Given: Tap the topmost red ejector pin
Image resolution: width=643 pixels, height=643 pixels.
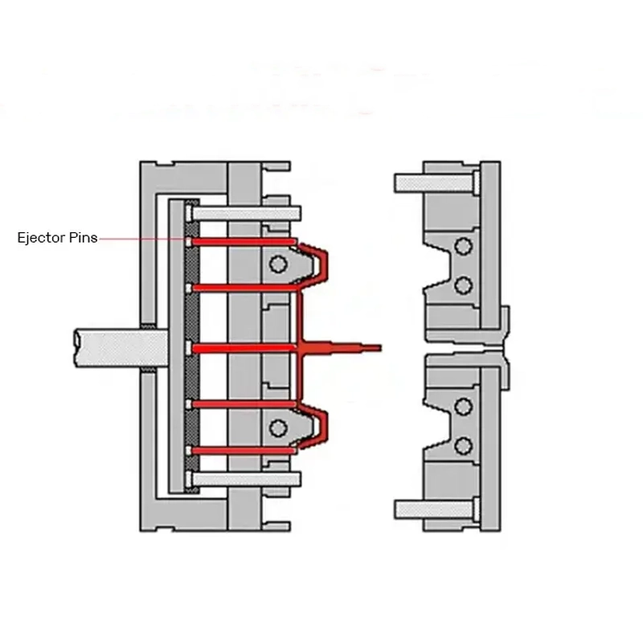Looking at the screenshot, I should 241,242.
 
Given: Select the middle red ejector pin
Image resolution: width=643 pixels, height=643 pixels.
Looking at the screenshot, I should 241,347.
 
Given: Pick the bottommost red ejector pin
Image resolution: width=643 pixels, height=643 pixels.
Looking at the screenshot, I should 241,450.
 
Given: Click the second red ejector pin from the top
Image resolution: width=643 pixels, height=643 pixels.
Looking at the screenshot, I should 241,287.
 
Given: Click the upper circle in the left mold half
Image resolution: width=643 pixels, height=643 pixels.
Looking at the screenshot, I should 279,264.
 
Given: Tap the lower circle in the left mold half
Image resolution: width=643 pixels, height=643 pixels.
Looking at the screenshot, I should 279,426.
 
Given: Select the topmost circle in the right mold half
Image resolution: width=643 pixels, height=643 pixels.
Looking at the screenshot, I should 462,245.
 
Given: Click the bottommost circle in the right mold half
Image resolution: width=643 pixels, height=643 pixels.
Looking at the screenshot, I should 462,445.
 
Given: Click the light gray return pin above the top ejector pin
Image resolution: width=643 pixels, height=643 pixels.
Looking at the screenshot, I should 245,213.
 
